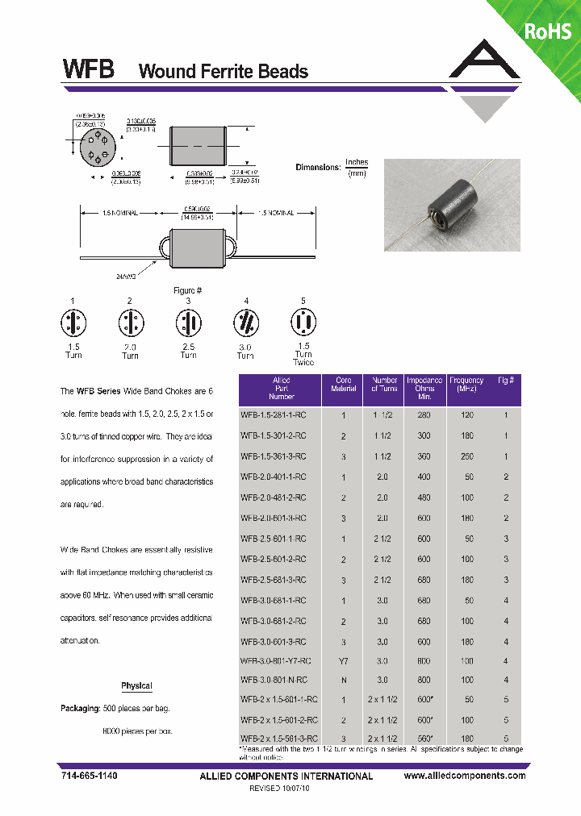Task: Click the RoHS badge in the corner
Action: coord(548,31)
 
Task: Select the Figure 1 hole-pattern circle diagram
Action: coord(73,324)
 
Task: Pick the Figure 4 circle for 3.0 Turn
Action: coord(245,324)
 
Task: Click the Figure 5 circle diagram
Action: coord(303,324)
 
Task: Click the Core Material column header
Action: coord(343,384)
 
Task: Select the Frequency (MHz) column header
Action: coord(466,384)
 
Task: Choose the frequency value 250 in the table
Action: coord(466,456)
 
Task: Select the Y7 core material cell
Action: coord(343,660)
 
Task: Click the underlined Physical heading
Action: coord(136,686)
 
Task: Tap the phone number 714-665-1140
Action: coord(88,776)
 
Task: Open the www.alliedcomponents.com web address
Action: coord(464,776)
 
